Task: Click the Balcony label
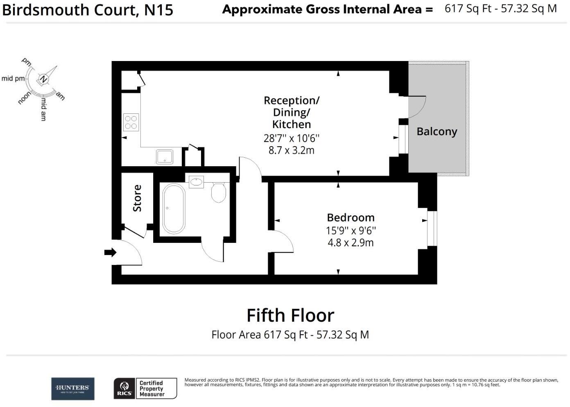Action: [x=437, y=131]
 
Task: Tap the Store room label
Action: [x=137, y=198]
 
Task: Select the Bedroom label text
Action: [x=351, y=217]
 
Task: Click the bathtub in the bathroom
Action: [x=174, y=208]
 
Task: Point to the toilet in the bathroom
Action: [x=219, y=192]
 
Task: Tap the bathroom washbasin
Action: [x=197, y=181]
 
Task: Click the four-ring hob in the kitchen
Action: [x=131, y=122]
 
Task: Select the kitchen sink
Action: [x=164, y=156]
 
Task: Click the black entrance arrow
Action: [x=110, y=252]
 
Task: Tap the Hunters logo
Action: [x=73, y=389]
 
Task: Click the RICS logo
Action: [x=124, y=389]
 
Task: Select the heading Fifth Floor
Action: [x=290, y=315]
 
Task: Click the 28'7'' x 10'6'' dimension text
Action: [x=291, y=138]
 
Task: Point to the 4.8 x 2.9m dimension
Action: [x=351, y=242]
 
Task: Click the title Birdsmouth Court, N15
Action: [x=88, y=10]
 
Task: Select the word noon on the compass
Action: [x=24, y=98]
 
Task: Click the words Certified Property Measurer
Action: [x=152, y=389]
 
